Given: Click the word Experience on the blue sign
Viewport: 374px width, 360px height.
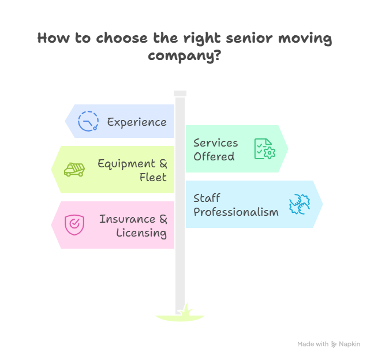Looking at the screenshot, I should (x=137, y=122).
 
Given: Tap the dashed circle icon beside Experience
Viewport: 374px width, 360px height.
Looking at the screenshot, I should (x=88, y=121).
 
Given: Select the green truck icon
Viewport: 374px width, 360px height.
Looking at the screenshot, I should (x=74, y=170).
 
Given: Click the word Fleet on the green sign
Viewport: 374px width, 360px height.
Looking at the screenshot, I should (x=153, y=177).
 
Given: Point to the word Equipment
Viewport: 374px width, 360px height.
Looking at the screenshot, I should (x=126, y=163).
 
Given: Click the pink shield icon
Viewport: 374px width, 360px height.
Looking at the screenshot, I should (x=74, y=224).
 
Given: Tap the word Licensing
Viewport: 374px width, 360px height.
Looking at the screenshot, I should (x=141, y=233).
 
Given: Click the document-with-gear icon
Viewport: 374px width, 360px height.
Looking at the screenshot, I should (x=264, y=149).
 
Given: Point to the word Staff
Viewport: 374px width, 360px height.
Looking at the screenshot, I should (x=207, y=198).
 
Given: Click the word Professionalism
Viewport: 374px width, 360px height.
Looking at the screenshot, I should (x=236, y=212).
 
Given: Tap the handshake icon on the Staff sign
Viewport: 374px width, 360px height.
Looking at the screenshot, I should (x=300, y=205).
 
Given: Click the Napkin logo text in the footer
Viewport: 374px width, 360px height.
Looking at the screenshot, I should (x=349, y=344).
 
